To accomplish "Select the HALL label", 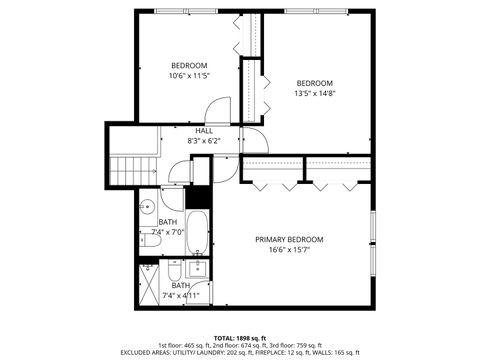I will coord(204,131).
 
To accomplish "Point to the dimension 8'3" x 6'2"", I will coord(204,141).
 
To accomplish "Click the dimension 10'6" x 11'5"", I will coord(188,76).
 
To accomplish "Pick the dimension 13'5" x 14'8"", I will coord(314,94).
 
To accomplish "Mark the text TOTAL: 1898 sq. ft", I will coord(240,337).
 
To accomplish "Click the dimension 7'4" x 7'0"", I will coord(168,232).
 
